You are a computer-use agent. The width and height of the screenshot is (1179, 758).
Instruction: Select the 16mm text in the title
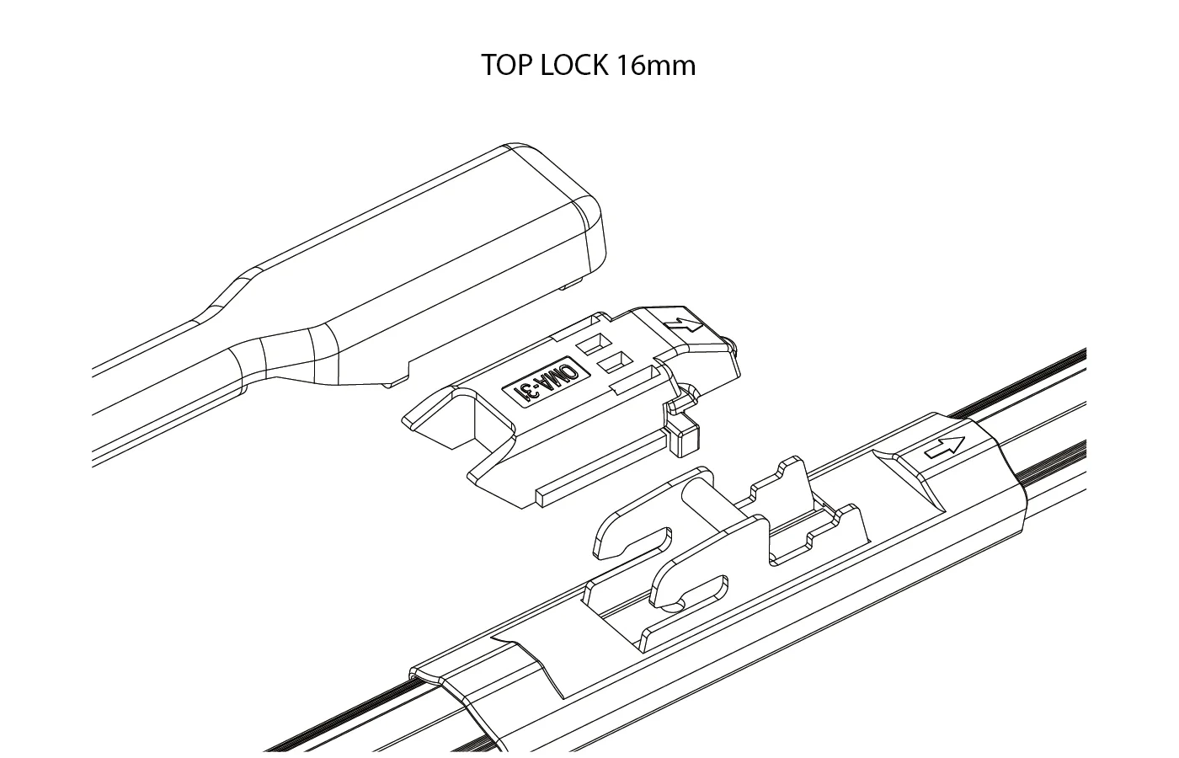pos(656,66)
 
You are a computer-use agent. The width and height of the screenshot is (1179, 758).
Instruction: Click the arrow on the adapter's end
pos(684,327)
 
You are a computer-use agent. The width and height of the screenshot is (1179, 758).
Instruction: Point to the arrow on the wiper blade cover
pos(944,447)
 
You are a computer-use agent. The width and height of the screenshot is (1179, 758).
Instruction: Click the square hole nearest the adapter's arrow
pos(594,344)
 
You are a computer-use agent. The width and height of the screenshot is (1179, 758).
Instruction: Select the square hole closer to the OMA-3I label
pos(615,363)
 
